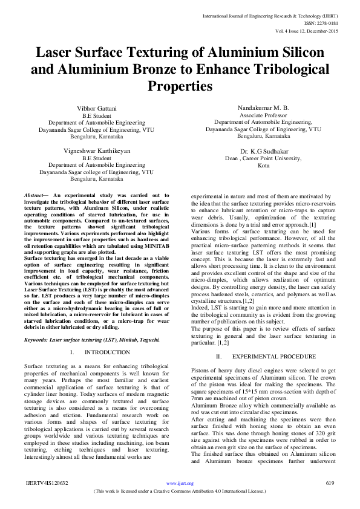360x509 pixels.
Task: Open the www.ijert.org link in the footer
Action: pyautogui.click(x=180, y=483)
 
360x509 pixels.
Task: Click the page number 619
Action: pyautogui.click(x=330, y=483)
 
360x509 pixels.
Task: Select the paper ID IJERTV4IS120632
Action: pyautogui.click(x=46, y=483)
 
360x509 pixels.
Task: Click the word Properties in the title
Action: pyautogui.click(x=180, y=86)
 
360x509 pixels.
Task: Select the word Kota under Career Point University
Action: pyautogui.click(x=263, y=165)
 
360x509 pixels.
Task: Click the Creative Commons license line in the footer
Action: pyautogui.click(x=180, y=491)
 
